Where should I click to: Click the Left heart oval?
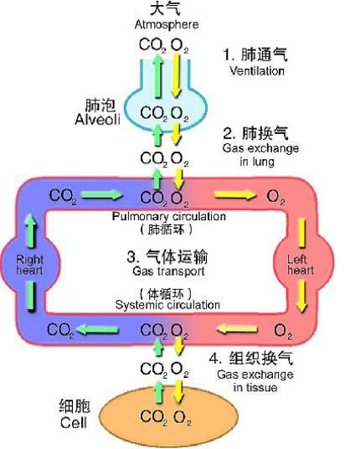pos(300,265)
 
